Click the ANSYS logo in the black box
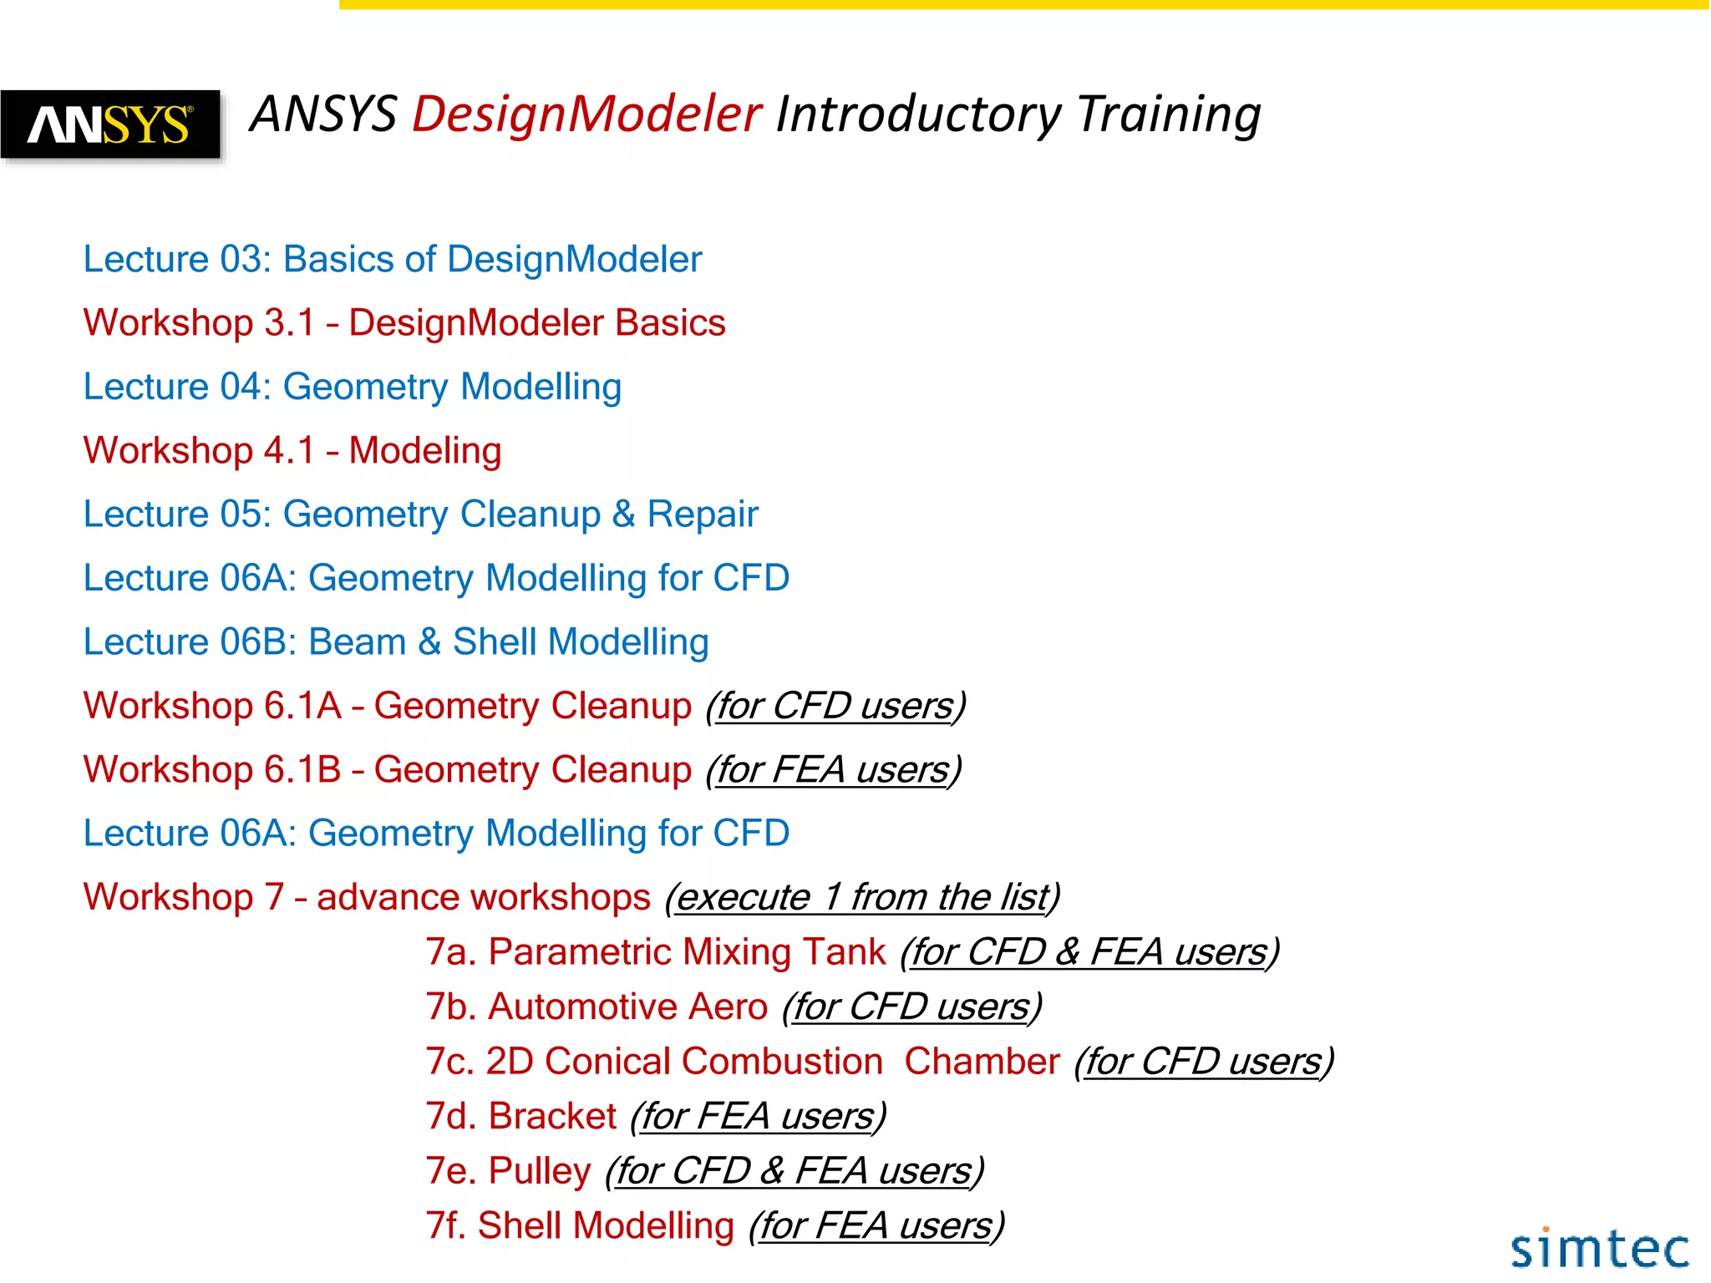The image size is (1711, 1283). (110, 124)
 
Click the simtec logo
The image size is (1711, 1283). (1599, 1249)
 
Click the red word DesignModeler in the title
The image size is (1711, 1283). (586, 114)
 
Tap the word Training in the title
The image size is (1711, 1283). (1168, 114)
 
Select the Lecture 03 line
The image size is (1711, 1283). (392, 260)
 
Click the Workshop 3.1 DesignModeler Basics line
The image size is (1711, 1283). (404, 323)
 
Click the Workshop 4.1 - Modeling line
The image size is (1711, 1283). (292, 451)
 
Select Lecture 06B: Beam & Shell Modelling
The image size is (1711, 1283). (395, 642)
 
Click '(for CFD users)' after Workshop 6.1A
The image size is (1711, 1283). (835, 707)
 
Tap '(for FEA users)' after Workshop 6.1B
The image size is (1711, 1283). (834, 770)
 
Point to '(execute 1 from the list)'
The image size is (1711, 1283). (862, 898)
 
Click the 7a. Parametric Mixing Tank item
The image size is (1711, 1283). (656, 952)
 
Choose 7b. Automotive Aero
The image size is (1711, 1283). (597, 1007)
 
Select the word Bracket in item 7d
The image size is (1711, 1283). (552, 1117)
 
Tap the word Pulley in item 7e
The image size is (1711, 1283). (540, 1171)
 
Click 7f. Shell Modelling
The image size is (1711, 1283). (580, 1226)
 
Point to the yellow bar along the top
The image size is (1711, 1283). (1023, 5)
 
